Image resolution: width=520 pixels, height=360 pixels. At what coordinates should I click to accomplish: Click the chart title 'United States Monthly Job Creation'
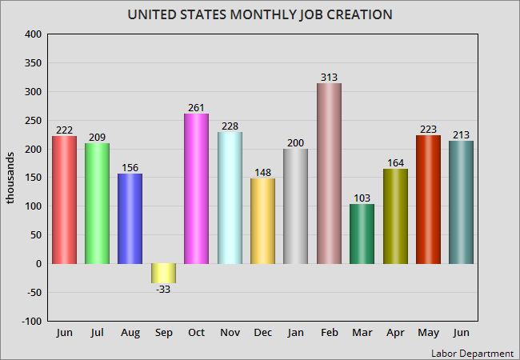pos(260,15)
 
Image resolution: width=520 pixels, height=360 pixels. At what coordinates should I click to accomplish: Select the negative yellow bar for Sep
pos(163,274)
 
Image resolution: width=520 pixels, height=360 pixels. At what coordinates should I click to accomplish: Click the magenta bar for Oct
pos(196,189)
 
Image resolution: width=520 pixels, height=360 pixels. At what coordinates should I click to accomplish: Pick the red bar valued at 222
pos(64,200)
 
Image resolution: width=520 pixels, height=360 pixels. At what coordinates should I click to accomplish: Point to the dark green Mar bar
pos(362,234)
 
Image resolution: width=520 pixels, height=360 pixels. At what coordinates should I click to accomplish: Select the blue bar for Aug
pos(130,218)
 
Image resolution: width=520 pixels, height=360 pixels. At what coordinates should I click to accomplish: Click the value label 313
pos(329,77)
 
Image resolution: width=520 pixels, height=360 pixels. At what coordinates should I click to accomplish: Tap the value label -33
pos(163,290)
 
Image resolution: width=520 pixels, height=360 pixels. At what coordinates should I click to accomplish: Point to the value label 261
pos(196,107)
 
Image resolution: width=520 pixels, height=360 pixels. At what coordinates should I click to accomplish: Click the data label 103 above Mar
pos(362,198)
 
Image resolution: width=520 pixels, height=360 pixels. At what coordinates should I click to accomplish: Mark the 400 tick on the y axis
pos(33,34)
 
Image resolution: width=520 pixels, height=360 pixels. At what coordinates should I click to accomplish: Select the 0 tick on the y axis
pos(38,264)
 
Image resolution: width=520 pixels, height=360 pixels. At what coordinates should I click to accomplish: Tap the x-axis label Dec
pos(262,332)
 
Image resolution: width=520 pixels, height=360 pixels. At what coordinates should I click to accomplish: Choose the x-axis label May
pos(428,332)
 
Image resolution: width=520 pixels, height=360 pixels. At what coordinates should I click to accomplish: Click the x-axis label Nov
pos(230,332)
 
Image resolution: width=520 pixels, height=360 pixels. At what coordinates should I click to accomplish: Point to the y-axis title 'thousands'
pos(11,178)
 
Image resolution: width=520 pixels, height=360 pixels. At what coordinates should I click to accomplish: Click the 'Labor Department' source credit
pos(472,353)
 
